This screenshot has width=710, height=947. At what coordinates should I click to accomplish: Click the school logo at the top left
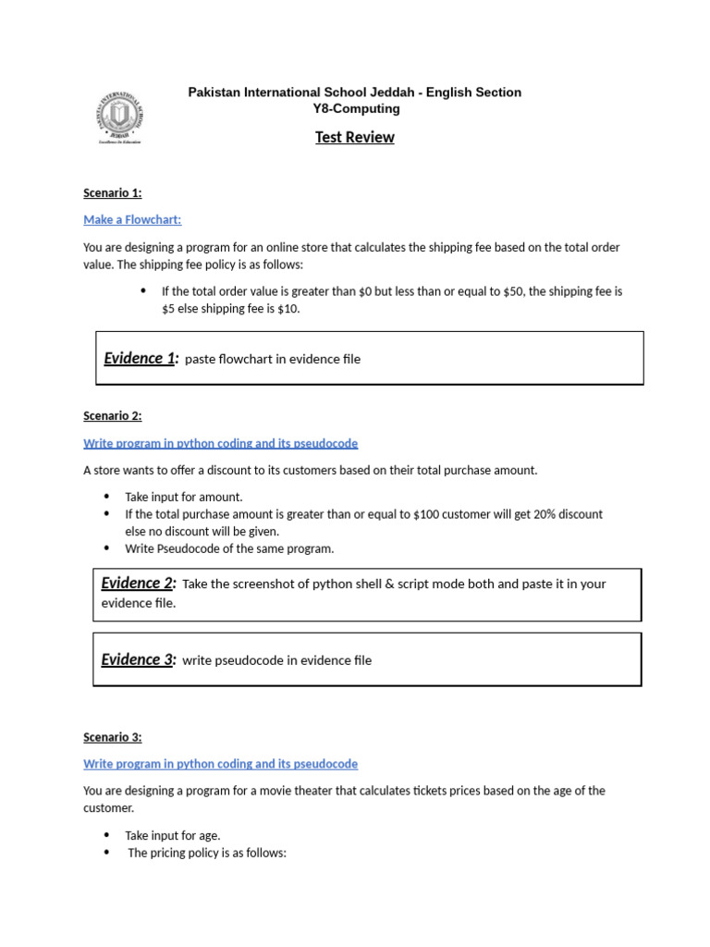tap(120, 117)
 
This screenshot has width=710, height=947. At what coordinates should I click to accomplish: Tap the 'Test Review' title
tap(354, 138)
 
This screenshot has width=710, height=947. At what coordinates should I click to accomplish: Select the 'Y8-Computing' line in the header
tap(356, 109)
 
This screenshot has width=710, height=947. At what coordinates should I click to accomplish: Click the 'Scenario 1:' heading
tap(112, 193)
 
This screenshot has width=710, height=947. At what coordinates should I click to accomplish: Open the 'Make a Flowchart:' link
tap(132, 220)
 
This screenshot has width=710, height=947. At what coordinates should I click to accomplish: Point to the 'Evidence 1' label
tap(140, 359)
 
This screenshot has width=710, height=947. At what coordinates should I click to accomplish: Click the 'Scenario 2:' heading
tap(112, 416)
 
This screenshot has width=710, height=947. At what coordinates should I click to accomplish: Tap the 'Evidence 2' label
tap(137, 584)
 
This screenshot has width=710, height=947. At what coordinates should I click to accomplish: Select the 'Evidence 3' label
tap(137, 660)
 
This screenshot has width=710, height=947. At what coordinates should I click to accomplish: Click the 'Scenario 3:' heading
tap(112, 738)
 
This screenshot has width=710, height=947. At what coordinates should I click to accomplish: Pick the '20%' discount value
tap(530, 514)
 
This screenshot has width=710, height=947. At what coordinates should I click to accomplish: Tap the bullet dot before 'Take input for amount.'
tap(106, 497)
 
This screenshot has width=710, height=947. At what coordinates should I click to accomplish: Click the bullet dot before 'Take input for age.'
tap(106, 835)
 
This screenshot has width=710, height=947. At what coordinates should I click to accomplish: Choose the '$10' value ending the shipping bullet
tap(288, 309)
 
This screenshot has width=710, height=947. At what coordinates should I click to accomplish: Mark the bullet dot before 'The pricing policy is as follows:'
tap(106, 853)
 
